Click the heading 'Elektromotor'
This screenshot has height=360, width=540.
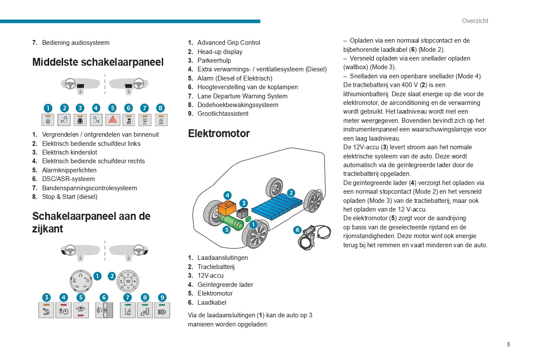coord(219,134)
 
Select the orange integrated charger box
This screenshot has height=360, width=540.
coord(226,207)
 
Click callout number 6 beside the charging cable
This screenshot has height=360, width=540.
coord(298,230)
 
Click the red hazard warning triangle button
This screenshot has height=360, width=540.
coord(112,120)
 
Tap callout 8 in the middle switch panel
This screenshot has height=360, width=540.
coord(161,108)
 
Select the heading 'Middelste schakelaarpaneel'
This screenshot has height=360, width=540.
coord(98,62)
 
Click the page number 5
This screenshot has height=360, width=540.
coord(508,344)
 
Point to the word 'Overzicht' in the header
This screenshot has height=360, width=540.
coord(475,21)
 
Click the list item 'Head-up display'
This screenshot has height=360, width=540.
coord(220,52)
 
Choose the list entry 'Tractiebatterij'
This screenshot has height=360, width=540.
coord(216,267)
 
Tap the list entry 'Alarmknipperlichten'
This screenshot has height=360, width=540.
coord(69,170)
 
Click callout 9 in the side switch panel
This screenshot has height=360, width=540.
coord(162,297)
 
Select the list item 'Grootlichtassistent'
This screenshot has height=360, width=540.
coord(223,114)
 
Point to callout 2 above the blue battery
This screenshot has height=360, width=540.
coord(291,193)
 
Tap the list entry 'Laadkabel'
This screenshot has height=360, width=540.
coord(212,303)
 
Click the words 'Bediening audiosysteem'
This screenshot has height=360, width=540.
coord(76,43)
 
